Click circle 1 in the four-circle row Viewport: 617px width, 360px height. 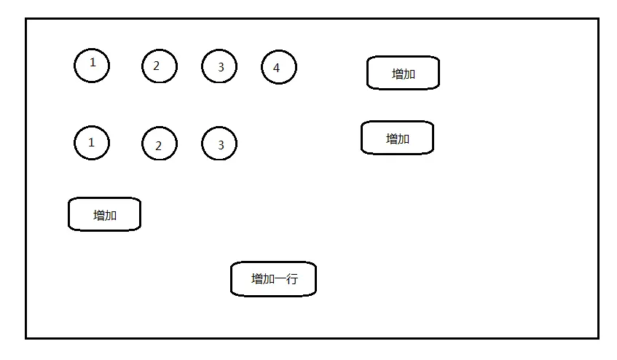tap(92, 66)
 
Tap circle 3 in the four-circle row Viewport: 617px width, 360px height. tap(219, 67)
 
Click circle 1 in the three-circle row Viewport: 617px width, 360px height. tap(92, 143)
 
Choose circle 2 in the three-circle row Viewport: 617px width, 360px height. tap(159, 144)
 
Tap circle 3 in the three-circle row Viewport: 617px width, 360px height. tap(219, 144)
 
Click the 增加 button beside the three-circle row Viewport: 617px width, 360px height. tap(397, 138)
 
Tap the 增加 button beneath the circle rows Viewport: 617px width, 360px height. tap(104, 215)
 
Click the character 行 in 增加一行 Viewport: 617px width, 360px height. tap(291, 279)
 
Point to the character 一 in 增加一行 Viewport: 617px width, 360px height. tap(279, 279)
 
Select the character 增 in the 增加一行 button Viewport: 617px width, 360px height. tap(256, 279)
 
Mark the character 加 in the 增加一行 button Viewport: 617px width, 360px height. tap(268, 279)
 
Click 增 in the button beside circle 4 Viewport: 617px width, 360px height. tap(398, 74)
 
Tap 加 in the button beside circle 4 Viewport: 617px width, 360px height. tap(409, 74)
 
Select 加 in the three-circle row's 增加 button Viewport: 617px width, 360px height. tap(404, 138)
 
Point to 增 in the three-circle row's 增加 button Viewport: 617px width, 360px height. tap(392, 138)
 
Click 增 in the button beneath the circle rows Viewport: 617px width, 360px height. tap(99, 215)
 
